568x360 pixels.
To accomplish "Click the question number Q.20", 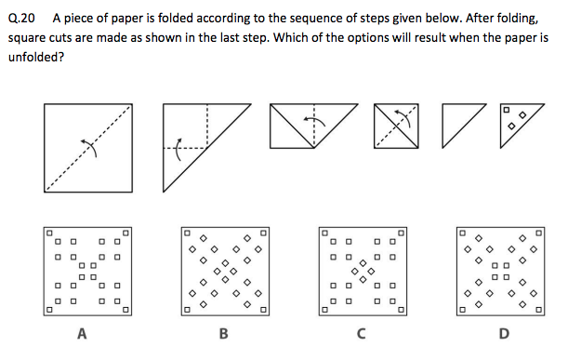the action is (x=21, y=18).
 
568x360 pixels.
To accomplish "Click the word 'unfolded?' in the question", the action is (x=36, y=57).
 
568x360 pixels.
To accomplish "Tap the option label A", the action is (x=82, y=333).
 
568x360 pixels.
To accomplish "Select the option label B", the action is (x=223, y=333).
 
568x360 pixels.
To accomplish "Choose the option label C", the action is (x=361, y=333).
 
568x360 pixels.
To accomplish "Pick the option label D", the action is (x=504, y=333).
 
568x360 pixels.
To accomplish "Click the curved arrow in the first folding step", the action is (x=90, y=147).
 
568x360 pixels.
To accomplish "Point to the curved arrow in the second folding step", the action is (x=178, y=150).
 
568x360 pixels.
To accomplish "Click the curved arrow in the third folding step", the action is (x=314, y=120).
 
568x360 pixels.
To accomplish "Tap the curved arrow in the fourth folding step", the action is (x=405, y=116).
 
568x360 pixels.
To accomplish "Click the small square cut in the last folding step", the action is (x=507, y=110).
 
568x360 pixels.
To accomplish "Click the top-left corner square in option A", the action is (x=49, y=233).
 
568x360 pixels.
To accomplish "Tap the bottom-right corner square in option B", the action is (x=264, y=310).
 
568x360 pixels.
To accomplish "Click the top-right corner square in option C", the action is (x=401, y=233).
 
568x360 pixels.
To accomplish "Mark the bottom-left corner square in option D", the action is (x=462, y=310).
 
